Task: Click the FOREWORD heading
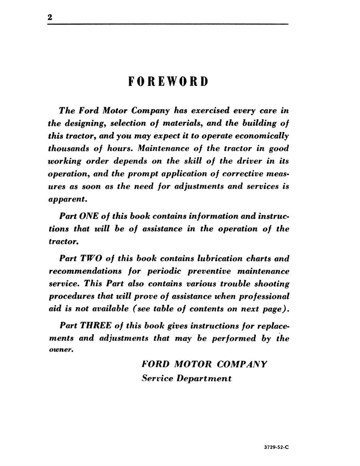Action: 168,81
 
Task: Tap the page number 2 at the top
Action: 50,17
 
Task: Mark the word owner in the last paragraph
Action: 62,351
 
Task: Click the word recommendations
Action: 91,271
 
